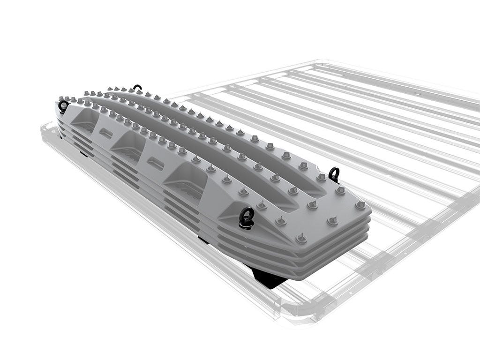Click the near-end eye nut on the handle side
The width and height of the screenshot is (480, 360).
[x=247, y=217]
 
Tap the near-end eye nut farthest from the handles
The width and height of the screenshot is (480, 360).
[x=334, y=174]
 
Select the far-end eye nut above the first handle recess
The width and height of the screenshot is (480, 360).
[x=63, y=106]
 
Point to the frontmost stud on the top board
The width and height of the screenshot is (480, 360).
[x=300, y=238]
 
